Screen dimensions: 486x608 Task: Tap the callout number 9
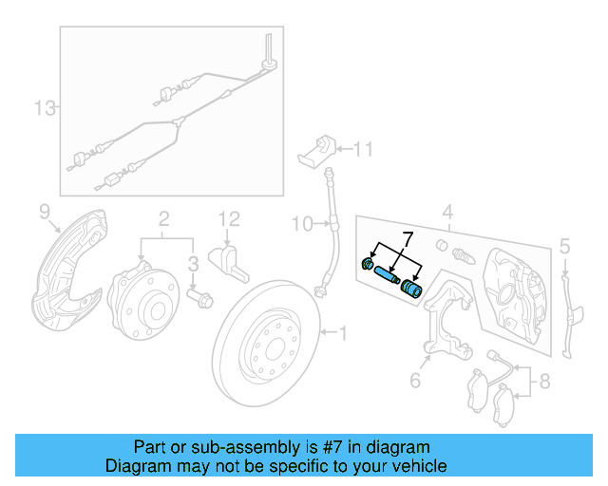point(44,210)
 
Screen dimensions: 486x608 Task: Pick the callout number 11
point(364,148)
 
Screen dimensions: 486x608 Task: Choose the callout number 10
point(300,225)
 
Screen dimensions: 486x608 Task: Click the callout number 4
point(447,212)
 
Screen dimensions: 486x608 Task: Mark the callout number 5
point(564,248)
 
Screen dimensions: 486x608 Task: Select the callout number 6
point(414,382)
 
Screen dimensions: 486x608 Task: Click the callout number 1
point(343,332)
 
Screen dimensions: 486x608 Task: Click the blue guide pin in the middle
point(386,275)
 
